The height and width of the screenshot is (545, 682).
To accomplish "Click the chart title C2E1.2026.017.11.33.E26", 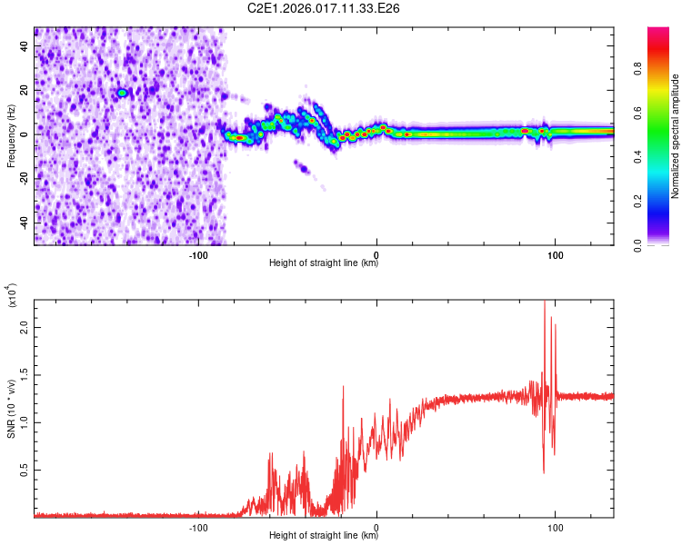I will tap(325, 8).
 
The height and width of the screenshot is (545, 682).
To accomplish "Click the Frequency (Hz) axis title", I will tap(11, 136).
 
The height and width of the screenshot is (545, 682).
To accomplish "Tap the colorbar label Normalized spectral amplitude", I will tap(675, 136).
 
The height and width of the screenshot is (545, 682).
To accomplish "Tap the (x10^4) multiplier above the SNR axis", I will tap(12, 296).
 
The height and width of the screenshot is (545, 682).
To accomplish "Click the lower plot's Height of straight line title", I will tap(324, 536).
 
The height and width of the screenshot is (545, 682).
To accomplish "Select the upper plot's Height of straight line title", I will tap(324, 263).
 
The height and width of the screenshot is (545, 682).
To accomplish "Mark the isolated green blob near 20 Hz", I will tap(122, 93).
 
